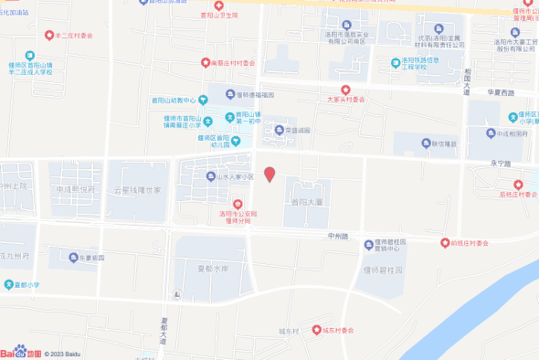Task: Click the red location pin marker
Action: [x=269, y=175]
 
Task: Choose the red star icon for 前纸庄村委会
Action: [x=445, y=243]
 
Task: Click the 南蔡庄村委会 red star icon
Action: [x=206, y=63]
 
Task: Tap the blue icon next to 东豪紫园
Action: [x=71, y=258]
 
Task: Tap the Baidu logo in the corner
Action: [x=20, y=353]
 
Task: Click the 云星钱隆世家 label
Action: [x=136, y=190]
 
